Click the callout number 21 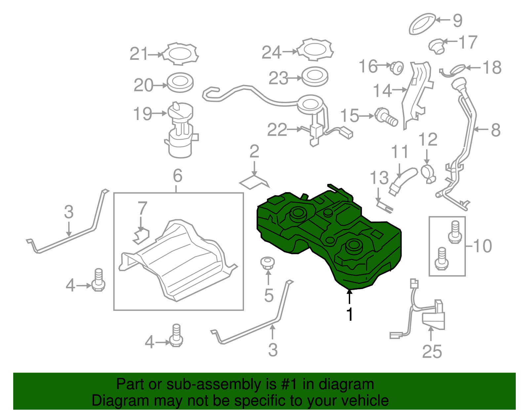[139, 54]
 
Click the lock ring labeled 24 [315, 50]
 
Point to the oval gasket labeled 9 [422, 23]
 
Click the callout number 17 [468, 42]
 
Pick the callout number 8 [496, 130]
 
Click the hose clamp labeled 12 [428, 173]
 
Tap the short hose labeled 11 [402, 181]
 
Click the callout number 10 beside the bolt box [482, 246]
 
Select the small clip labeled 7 [141, 235]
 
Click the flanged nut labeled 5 [267, 263]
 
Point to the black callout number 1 [349, 314]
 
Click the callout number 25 [432, 351]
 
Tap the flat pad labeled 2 [254, 182]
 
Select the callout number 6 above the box [178, 176]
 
